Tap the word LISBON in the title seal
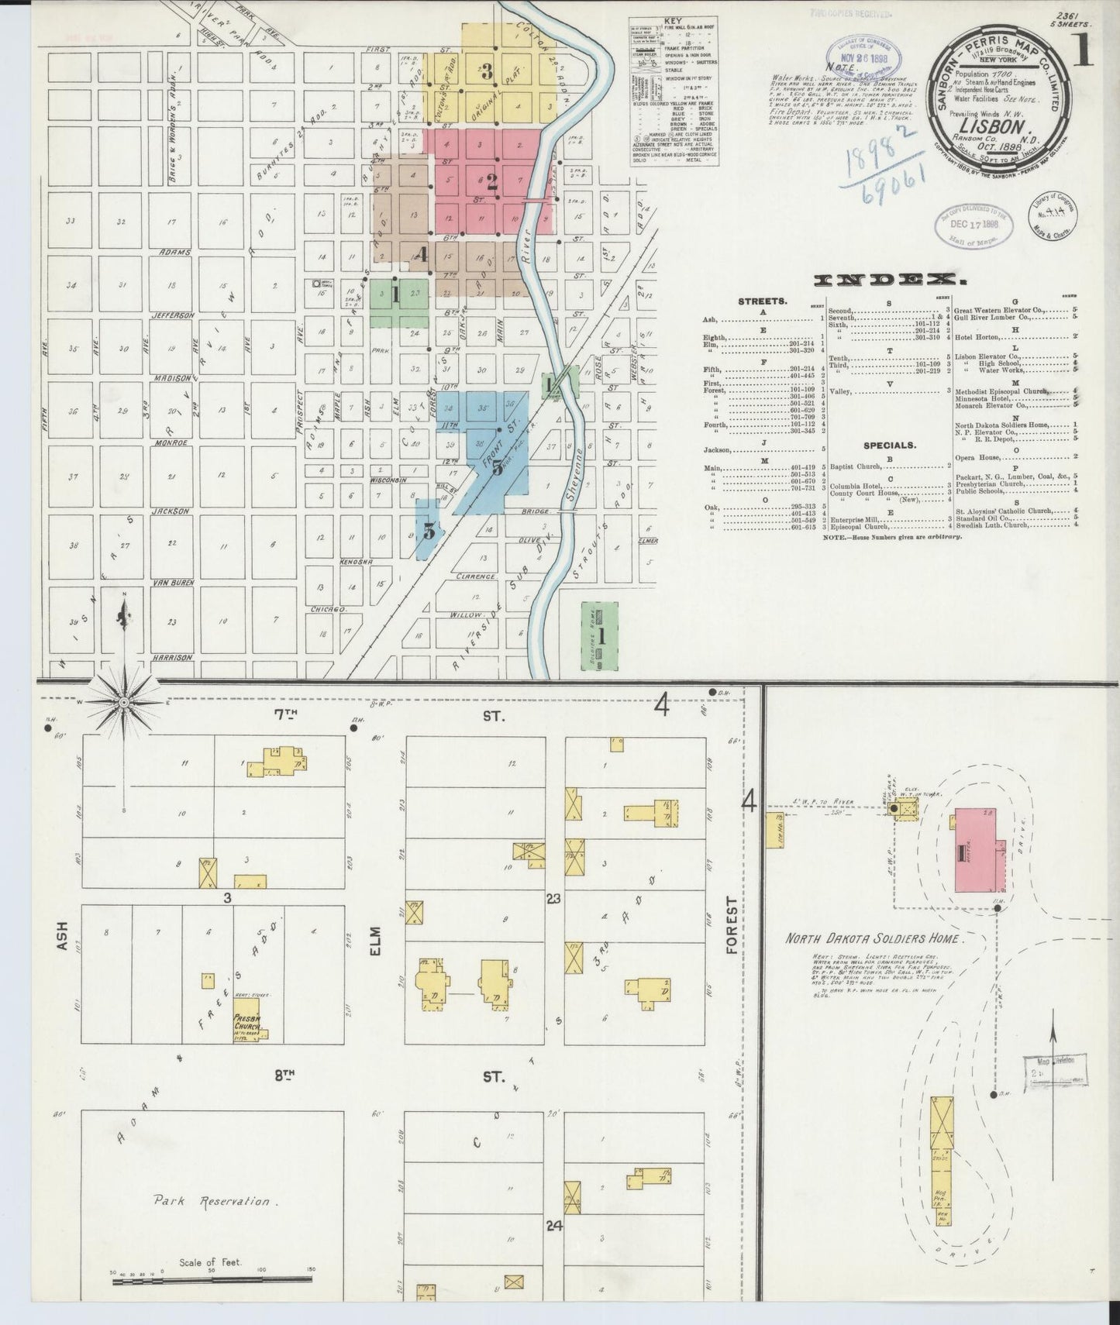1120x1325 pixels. pos(994,125)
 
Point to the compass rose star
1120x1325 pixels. pos(124,702)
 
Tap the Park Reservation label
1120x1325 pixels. pos(211,1202)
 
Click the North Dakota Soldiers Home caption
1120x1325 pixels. pos(874,938)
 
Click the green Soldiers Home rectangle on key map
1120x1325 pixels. pos(600,636)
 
